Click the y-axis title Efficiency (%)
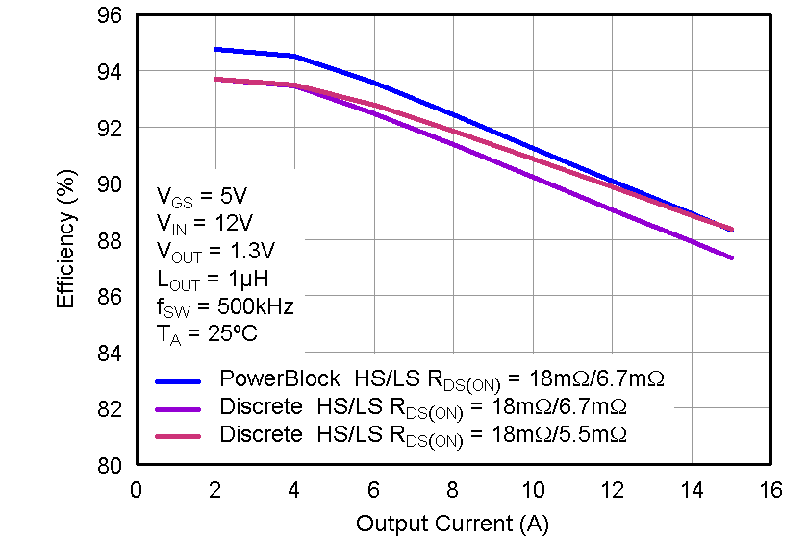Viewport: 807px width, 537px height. (65, 246)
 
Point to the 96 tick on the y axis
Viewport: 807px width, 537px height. (110, 16)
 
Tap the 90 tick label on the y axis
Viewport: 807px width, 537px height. (110, 184)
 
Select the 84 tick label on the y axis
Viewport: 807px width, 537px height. (110, 354)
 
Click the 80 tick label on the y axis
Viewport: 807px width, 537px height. (110, 466)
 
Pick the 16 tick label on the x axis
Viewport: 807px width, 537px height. (770, 490)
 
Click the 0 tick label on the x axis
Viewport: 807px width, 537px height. (136, 490)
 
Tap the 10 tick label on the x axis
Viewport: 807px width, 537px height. (533, 490)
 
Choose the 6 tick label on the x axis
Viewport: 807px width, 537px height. (374, 490)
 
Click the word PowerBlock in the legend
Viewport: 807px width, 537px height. (280, 378)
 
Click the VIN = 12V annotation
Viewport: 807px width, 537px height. (204, 224)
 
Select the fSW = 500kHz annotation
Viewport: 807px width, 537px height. (225, 307)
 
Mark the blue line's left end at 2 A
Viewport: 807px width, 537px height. (215, 49)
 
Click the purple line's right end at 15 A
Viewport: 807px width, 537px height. (732, 257)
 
